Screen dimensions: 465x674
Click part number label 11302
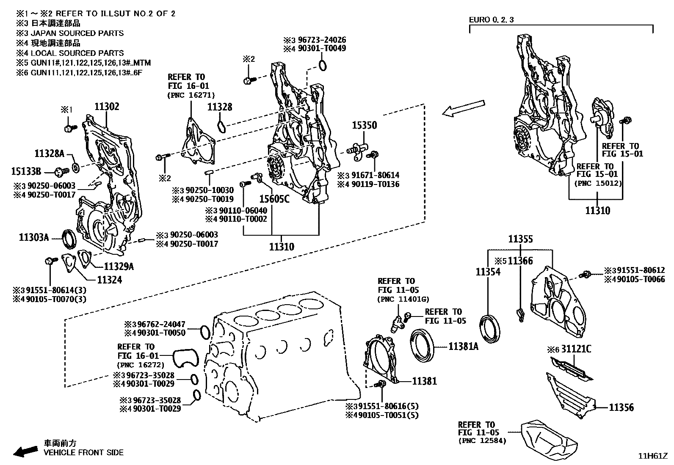107,107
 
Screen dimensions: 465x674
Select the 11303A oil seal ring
69,239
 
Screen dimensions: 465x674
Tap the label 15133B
26,171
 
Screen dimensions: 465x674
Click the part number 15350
365,126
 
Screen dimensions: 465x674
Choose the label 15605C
274,198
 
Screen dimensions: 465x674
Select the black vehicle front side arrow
25,451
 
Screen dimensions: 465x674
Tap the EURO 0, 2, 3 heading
491,20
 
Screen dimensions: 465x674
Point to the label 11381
424,381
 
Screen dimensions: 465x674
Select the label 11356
621,407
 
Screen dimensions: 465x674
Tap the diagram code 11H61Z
653,456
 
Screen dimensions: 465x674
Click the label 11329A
119,267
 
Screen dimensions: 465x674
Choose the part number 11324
109,280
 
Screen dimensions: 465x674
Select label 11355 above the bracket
520,239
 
